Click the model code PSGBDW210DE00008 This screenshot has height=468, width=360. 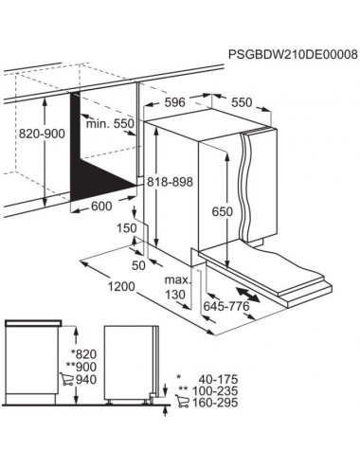pyautogui.click(x=293, y=54)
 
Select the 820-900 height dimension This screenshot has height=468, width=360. pyautogui.click(x=42, y=134)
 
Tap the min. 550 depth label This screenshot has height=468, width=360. pyautogui.click(x=110, y=123)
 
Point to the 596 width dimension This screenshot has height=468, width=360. pyautogui.click(x=175, y=102)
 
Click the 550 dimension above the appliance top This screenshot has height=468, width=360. pyautogui.click(x=242, y=102)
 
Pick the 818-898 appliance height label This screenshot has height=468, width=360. pyautogui.click(x=171, y=182)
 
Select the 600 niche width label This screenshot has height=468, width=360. pyautogui.click(x=101, y=207)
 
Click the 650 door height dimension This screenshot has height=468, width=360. pyautogui.click(x=223, y=211)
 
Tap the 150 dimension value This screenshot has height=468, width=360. pyautogui.click(x=127, y=228)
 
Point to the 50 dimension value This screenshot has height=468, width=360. pyautogui.click(x=138, y=265)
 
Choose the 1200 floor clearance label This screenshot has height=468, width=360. pyautogui.click(x=121, y=287)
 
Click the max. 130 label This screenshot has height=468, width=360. pyautogui.click(x=178, y=287)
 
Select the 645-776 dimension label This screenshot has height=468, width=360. pyautogui.click(x=226, y=306)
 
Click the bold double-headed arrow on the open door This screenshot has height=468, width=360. pyautogui.click(x=248, y=294)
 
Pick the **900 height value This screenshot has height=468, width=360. pyautogui.click(x=81, y=367)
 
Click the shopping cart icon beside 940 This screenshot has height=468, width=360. pyautogui.click(x=66, y=379)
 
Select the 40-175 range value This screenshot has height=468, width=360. pyautogui.click(x=218, y=379)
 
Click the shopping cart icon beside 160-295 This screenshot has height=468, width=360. pyautogui.click(x=182, y=401)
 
